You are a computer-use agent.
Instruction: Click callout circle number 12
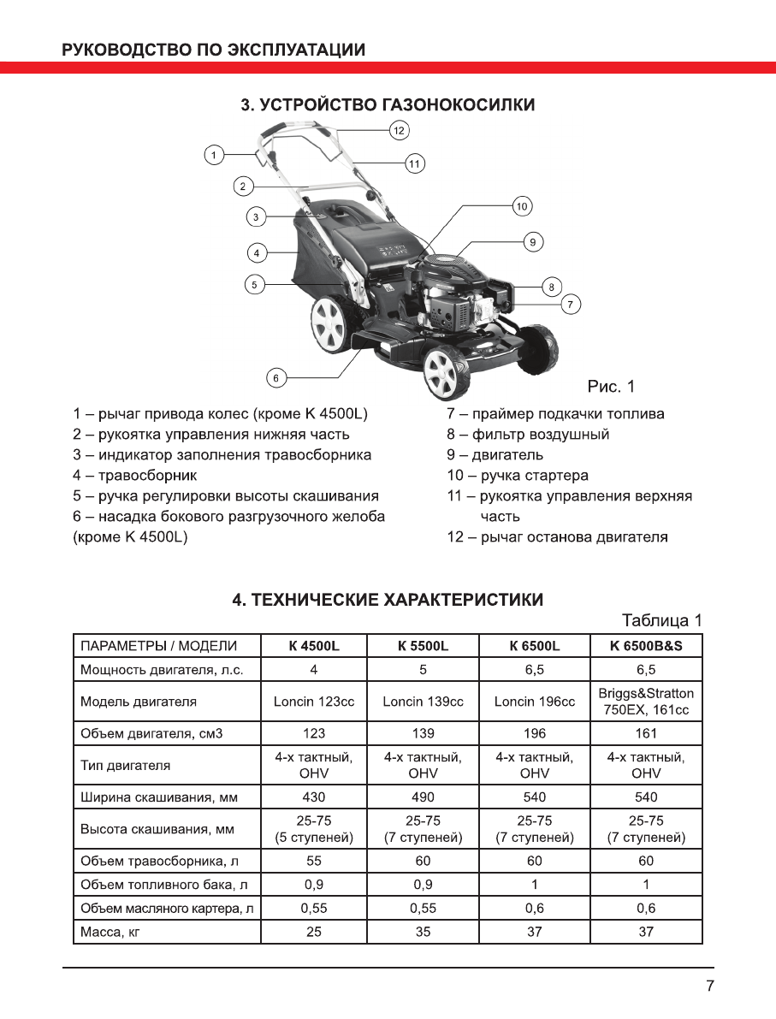pos(399,130)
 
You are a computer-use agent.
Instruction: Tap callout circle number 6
pos(275,376)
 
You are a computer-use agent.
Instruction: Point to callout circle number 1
pos(215,155)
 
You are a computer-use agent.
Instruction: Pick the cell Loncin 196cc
pos(535,702)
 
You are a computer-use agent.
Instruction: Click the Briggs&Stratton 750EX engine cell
pos(646,702)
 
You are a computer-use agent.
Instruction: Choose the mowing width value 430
pos(314,797)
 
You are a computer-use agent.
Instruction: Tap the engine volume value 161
pos(646,733)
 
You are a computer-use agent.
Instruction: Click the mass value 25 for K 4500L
pos(314,932)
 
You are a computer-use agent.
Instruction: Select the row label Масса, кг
pos(110,932)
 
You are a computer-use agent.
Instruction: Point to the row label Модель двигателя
pos(139,702)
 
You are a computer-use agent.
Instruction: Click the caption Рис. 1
pos(611,387)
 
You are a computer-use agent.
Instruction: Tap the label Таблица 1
pos(661,620)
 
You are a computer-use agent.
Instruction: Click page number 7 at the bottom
pos(710,986)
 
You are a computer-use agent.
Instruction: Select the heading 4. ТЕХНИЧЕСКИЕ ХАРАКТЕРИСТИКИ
pos(388,600)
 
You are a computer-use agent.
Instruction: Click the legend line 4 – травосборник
pos(135,476)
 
